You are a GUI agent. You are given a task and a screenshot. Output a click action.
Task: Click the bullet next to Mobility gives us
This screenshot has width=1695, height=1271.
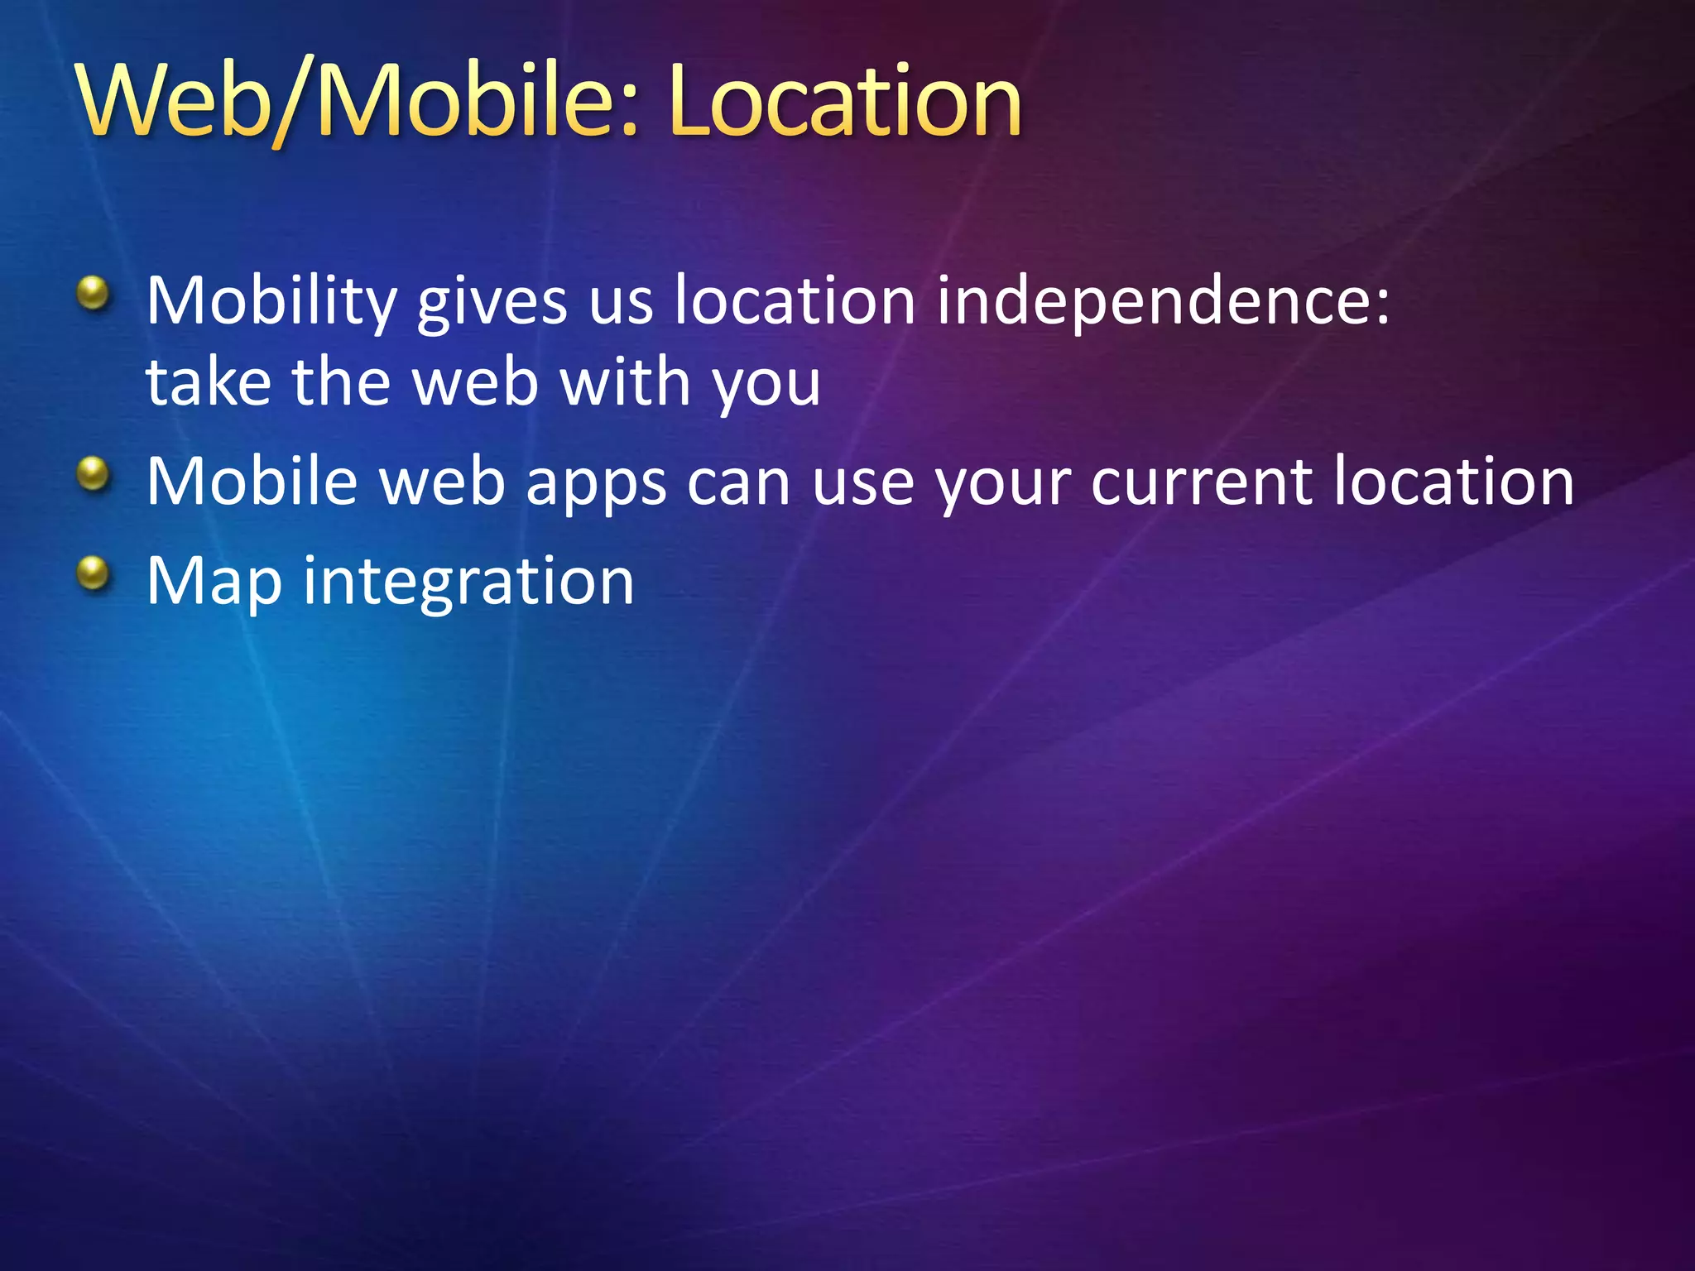93,293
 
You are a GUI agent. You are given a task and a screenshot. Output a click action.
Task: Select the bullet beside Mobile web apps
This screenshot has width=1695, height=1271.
93,474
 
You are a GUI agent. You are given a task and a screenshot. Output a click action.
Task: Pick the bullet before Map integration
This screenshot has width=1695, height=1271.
93,573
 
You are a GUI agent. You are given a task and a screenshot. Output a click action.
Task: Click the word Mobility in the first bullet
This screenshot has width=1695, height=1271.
271,302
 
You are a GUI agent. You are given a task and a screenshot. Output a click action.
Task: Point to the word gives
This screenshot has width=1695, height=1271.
492,302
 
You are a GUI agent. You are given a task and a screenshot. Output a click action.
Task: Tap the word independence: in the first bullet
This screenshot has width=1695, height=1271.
1163,302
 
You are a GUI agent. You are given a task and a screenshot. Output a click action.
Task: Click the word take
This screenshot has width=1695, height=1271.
209,383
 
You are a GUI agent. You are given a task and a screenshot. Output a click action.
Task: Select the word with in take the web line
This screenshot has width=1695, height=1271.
626,383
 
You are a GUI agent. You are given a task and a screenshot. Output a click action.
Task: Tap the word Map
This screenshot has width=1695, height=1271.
214,583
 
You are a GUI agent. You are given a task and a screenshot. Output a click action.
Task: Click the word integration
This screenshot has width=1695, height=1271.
468,583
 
